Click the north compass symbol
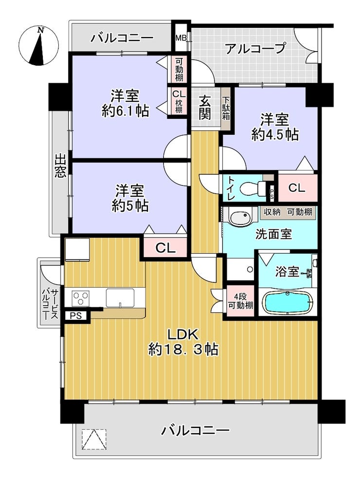click(39, 46)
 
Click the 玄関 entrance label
click(205, 107)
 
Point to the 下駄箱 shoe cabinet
click(226, 109)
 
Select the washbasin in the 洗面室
click(240, 218)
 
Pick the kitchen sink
click(120, 298)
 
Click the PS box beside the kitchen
click(76, 315)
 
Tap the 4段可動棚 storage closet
click(241, 301)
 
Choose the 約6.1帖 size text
click(125, 111)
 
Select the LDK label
click(183, 334)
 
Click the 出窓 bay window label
click(60, 166)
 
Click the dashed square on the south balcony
click(94, 440)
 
